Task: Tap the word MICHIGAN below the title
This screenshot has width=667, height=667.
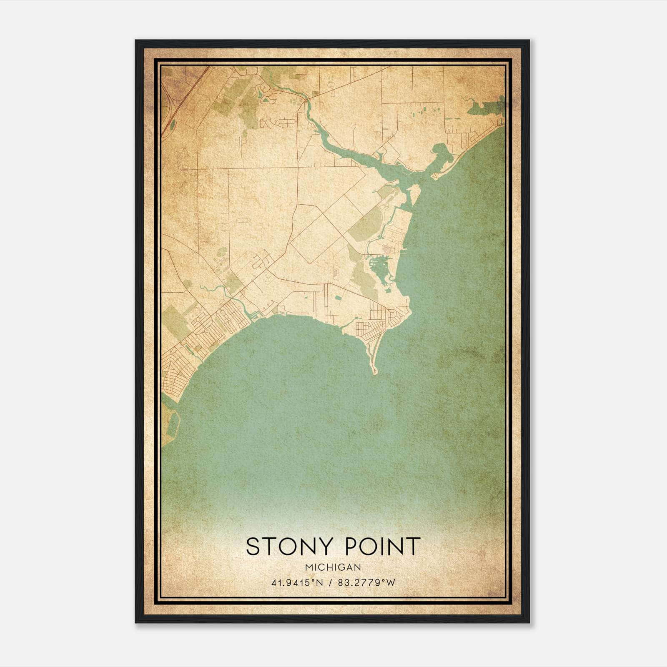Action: tap(333, 567)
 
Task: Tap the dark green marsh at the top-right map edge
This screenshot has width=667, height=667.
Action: tap(486, 108)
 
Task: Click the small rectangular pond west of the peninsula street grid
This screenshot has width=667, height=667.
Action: tap(338, 298)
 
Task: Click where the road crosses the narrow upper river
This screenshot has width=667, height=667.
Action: tap(307, 100)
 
